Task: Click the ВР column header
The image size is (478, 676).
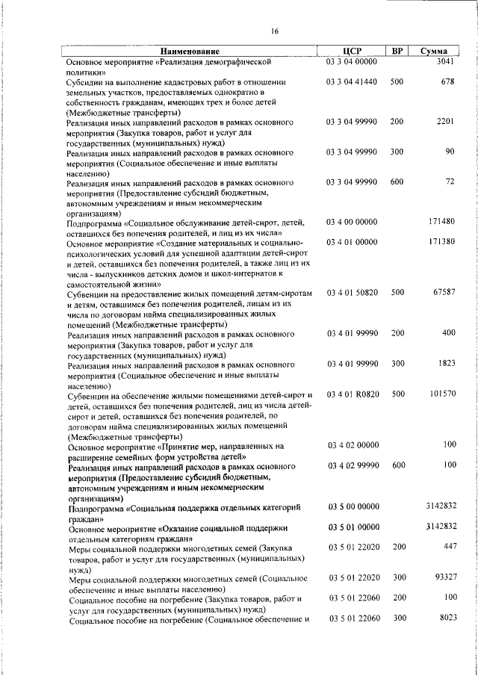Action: (397, 51)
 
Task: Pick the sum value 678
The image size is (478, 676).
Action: (447, 81)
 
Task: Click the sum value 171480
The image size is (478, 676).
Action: (442, 223)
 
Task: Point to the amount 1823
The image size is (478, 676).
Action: (445, 364)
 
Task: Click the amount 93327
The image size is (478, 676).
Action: (444, 579)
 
